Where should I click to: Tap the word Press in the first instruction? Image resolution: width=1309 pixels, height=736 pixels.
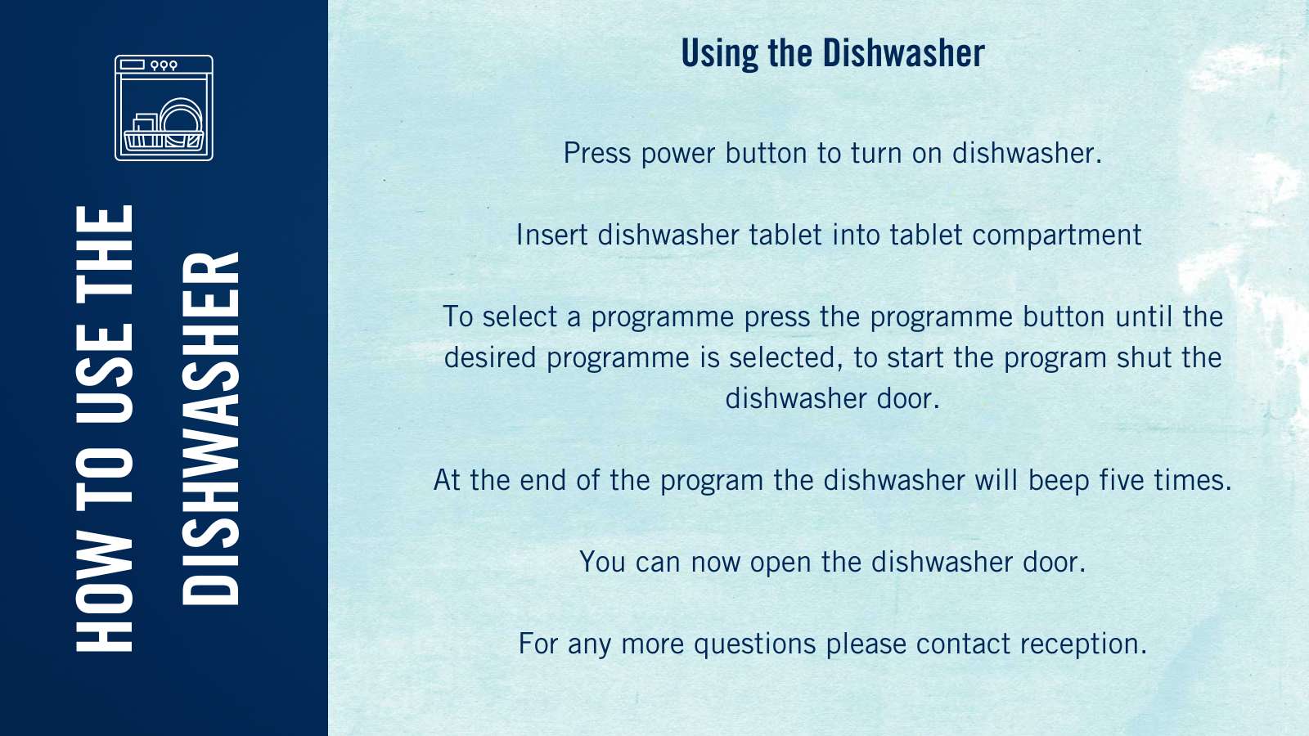coord(597,153)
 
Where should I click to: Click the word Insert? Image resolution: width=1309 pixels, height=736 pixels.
coord(551,235)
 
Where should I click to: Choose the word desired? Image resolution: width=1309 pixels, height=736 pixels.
coord(490,357)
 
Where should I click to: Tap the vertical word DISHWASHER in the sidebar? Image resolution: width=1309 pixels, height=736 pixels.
coord(211,429)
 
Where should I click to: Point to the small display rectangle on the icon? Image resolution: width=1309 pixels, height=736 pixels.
coord(132,65)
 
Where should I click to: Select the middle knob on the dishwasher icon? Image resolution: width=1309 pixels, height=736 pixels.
coord(164,65)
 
